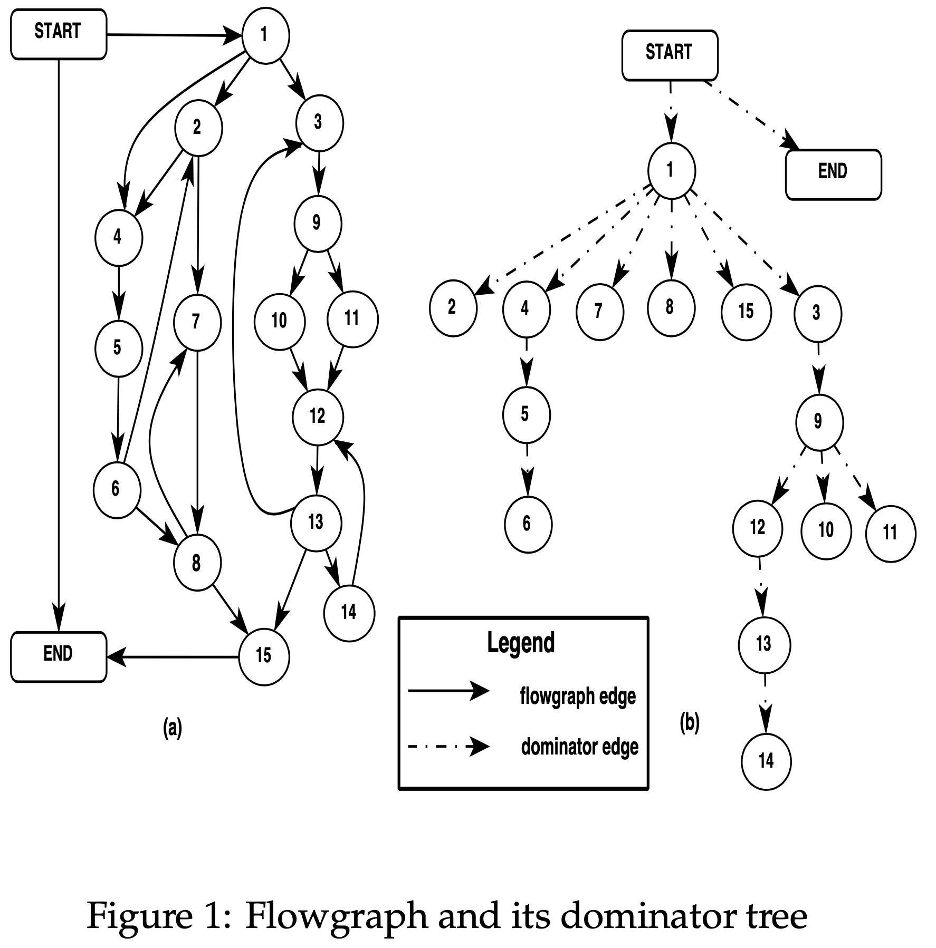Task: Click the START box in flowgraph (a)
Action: tap(59, 34)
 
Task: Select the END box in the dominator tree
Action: tap(833, 175)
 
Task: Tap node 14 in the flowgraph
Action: tap(349, 613)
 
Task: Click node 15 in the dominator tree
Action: tap(746, 312)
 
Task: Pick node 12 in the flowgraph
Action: tap(318, 417)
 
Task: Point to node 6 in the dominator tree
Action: tap(528, 524)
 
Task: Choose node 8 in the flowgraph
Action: tap(197, 564)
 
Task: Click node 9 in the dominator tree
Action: tap(818, 422)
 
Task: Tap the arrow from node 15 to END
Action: tap(174, 657)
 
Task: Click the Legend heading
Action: tap(521, 643)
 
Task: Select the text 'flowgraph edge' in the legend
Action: tap(578, 697)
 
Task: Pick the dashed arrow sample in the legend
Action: tap(448, 747)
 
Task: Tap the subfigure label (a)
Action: tap(173, 728)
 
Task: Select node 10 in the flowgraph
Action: tap(279, 321)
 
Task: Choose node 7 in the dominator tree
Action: tap(599, 312)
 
